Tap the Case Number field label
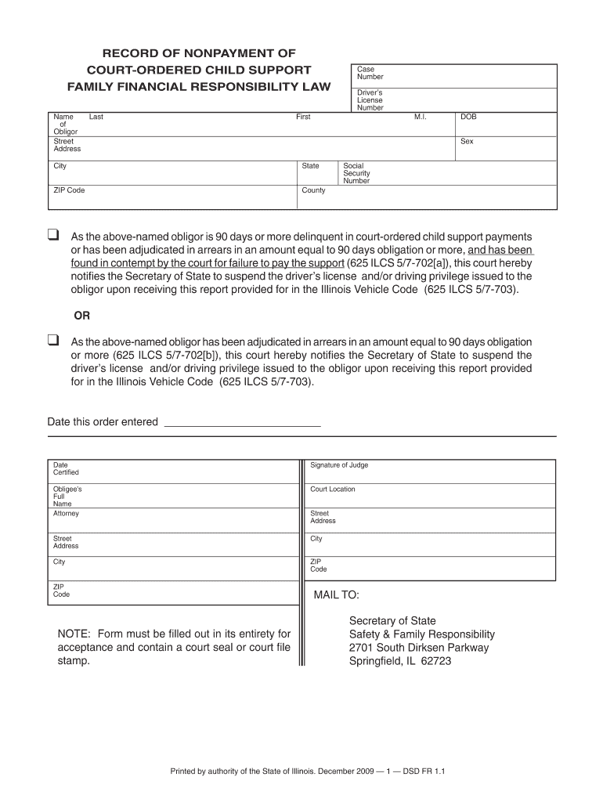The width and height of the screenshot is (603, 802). [370, 73]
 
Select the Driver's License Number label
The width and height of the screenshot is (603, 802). [370, 100]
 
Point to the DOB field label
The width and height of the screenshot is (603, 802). [468, 117]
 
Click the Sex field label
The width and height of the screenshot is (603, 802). [467, 142]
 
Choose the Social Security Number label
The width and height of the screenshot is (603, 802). [356, 173]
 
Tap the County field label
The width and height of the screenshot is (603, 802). [313, 190]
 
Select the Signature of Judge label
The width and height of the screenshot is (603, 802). [339, 465]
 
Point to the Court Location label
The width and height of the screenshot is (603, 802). [332, 490]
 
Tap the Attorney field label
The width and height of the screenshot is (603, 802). [66, 514]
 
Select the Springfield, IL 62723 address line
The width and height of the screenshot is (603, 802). [399, 660]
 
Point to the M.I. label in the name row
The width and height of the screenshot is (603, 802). [419, 117]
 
